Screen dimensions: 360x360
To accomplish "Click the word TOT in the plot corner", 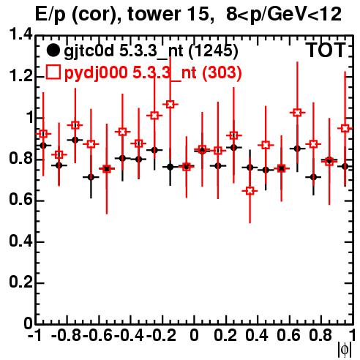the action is pyautogui.click(x=326, y=50).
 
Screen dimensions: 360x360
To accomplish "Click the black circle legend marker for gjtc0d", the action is pyautogui.click(x=53, y=50).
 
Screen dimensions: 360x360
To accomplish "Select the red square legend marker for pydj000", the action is pyautogui.click(x=53, y=72).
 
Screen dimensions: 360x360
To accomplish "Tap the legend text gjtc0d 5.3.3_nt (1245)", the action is pyautogui.click(x=151, y=51).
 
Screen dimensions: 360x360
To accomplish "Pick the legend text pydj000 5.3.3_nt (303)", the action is pyautogui.click(x=153, y=72).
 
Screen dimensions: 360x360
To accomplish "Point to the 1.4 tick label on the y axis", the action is pyautogui.click(x=21, y=34).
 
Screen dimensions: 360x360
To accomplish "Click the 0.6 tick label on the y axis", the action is pyautogui.click(x=21, y=200).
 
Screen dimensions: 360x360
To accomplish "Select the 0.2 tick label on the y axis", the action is pyautogui.click(x=21, y=282).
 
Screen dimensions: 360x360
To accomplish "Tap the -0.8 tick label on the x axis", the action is pyautogui.click(x=66, y=335).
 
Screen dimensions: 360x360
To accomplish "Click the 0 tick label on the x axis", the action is pyautogui.click(x=194, y=335).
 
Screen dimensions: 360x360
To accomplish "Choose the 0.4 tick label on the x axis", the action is pyautogui.click(x=257, y=335).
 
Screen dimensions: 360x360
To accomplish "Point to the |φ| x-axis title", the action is pyautogui.click(x=345, y=350).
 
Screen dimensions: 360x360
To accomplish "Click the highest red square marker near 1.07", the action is pyautogui.click(x=170, y=105).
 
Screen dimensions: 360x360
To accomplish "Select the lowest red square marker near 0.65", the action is pyautogui.click(x=250, y=191).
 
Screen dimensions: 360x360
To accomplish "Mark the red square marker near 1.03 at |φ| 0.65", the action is pyautogui.click(x=297, y=113).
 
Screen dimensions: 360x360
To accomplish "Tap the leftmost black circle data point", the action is pyautogui.click(x=43, y=146).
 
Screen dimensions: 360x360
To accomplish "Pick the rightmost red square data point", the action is pyautogui.click(x=345, y=128).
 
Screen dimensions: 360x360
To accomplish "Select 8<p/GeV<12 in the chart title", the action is pyautogui.click(x=284, y=15).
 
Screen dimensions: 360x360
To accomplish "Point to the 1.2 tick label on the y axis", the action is pyautogui.click(x=21, y=76).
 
